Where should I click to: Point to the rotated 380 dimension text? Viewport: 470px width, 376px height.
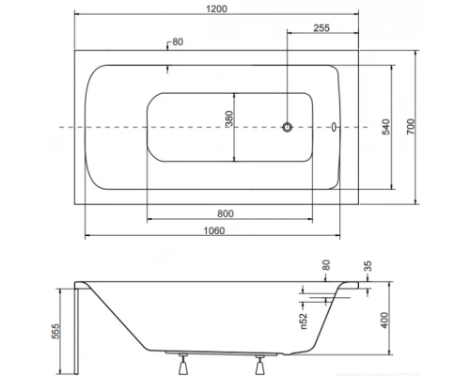[229, 124]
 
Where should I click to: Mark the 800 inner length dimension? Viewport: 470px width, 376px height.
[227, 211]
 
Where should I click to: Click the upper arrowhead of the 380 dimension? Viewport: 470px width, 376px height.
[235, 94]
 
